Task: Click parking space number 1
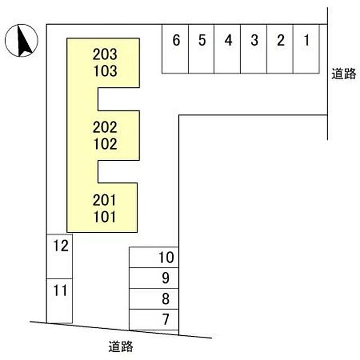click(x=307, y=48)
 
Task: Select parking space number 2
click(x=280, y=48)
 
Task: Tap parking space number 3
click(x=254, y=48)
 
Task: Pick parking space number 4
click(x=228, y=48)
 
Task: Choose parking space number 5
click(x=202, y=48)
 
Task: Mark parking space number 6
click(x=176, y=48)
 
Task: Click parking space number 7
click(x=154, y=319)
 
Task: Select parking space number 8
click(x=154, y=299)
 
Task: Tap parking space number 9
click(x=154, y=278)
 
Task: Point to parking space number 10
click(x=154, y=257)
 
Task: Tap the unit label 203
click(x=105, y=54)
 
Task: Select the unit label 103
click(x=105, y=71)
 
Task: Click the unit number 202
click(x=105, y=127)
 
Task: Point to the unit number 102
click(x=105, y=143)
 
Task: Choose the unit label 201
click(x=105, y=199)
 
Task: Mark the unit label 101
click(x=105, y=216)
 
